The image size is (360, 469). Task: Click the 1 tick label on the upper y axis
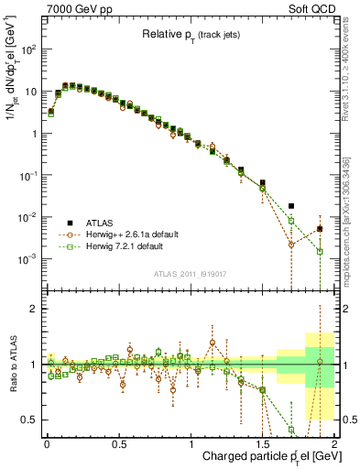33,134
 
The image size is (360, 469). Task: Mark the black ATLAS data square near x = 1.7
291,206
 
